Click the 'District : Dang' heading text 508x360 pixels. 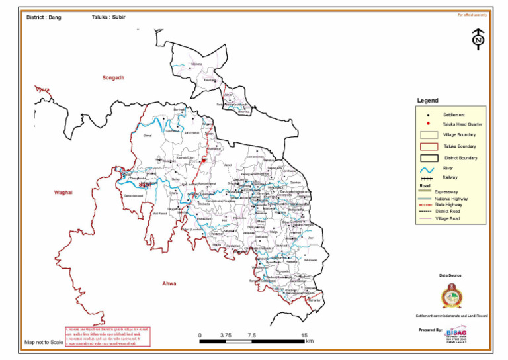coord(44,17)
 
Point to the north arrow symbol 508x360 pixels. coord(478,39)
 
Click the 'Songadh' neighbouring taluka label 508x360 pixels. coord(113,77)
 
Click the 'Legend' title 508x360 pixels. coord(427,101)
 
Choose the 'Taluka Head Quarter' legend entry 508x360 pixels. coord(462,124)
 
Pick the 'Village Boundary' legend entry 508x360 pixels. coord(459,135)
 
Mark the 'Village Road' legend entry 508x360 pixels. coord(448,218)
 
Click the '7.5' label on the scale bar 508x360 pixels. coord(251,336)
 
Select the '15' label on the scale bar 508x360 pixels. coord(304,336)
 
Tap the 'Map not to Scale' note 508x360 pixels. coord(44,343)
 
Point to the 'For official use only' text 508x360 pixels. coord(472,14)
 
